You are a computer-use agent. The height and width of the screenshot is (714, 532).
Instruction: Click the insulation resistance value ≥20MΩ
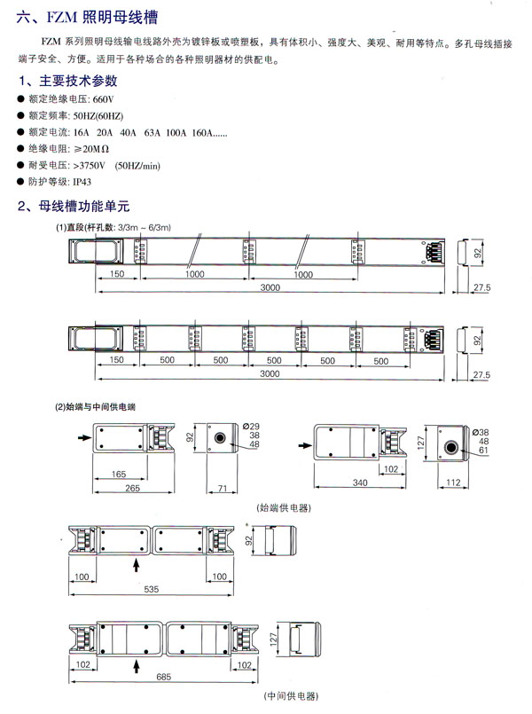(91, 149)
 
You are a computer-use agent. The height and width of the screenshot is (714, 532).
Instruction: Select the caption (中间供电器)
(286, 698)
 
